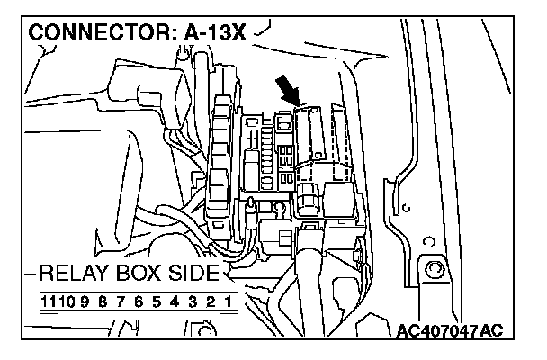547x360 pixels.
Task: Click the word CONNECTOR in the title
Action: point(94,33)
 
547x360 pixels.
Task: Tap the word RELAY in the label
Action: point(73,273)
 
